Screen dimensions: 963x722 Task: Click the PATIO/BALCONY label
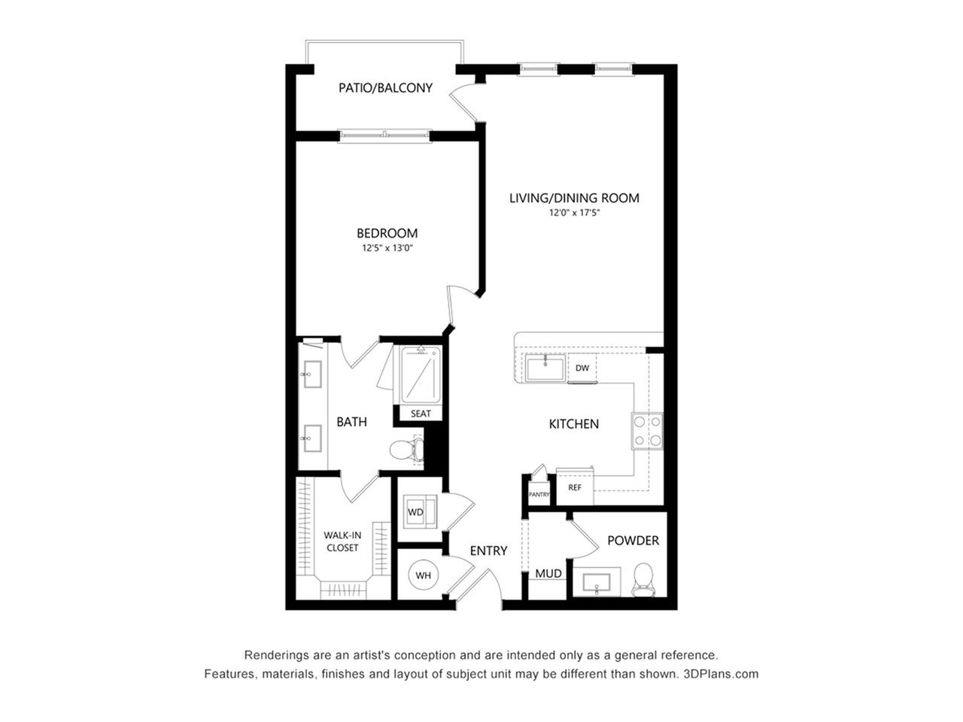385,88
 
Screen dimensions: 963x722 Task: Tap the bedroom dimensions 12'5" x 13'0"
387,248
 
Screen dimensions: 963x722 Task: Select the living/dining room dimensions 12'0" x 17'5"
574,213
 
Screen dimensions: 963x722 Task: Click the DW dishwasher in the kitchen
582,368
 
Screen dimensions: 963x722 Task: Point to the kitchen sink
545,369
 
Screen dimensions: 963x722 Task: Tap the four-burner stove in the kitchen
647,431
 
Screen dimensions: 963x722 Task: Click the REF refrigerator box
575,487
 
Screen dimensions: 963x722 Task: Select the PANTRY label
539,494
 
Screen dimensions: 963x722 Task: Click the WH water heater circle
423,575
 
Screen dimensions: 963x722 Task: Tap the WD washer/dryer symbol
419,512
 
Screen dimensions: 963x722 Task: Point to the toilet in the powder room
643,580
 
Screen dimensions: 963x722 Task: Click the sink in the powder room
597,582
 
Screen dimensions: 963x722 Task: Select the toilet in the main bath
407,449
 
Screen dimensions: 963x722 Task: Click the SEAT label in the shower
421,414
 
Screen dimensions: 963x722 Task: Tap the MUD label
548,573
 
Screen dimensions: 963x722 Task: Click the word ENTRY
488,551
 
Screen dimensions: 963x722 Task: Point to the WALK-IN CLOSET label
342,541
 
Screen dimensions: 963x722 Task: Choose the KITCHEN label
574,424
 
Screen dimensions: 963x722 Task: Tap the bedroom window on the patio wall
384,136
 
